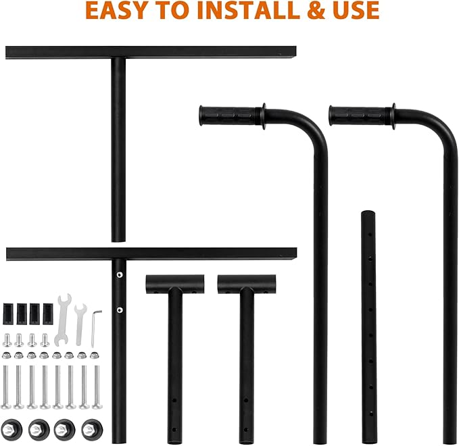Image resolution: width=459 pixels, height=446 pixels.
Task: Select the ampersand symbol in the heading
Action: [315, 10]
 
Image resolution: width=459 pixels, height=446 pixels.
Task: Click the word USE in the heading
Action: [356, 10]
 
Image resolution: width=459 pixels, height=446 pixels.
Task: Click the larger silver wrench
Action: [63, 320]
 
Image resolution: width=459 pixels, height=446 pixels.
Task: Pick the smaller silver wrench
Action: [80, 324]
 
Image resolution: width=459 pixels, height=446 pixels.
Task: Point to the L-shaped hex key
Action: [96, 328]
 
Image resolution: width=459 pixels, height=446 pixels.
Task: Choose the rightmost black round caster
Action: [92, 430]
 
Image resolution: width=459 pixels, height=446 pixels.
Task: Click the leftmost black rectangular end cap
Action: [8, 314]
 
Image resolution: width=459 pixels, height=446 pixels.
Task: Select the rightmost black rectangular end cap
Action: [48, 314]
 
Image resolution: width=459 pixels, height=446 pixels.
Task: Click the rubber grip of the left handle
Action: [227, 116]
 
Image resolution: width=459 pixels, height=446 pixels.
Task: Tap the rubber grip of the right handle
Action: [356, 116]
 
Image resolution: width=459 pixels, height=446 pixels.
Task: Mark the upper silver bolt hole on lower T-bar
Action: [120, 274]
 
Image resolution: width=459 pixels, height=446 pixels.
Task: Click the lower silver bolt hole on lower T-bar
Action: [120, 309]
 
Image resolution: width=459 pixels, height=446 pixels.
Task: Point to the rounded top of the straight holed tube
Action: [368, 212]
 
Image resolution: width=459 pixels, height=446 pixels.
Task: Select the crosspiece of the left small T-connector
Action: [175, 284]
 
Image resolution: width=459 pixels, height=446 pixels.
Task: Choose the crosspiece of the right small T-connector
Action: [247, 284]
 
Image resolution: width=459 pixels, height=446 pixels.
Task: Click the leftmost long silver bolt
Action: [6, 387]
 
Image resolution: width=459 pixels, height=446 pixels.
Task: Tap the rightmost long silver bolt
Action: [97, 387]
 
